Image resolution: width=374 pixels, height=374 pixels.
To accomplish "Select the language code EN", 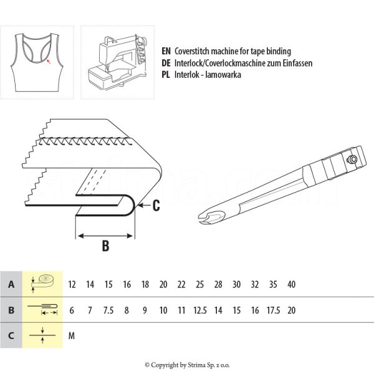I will [x=166, y=51].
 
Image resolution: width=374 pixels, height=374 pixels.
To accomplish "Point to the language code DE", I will [x=166, y=63].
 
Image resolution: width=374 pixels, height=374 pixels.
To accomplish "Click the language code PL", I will [x=166, y=75].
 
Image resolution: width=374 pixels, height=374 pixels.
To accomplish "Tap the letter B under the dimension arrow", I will [x=105, y=246].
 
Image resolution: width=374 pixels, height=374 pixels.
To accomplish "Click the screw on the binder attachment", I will [x=353, y=160].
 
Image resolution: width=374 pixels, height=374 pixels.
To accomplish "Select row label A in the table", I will [x=11, y=284].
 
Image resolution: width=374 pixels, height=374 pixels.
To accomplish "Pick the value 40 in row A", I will [x=291, y=284].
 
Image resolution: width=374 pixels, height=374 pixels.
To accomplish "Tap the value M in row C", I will [x=72, y=336].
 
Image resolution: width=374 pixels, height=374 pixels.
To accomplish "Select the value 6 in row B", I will [x=72, y=310].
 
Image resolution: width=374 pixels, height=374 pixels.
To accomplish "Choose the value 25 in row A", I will [x=199, y=284].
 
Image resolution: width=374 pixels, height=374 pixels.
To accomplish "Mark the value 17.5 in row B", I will [x=273, y=310].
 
